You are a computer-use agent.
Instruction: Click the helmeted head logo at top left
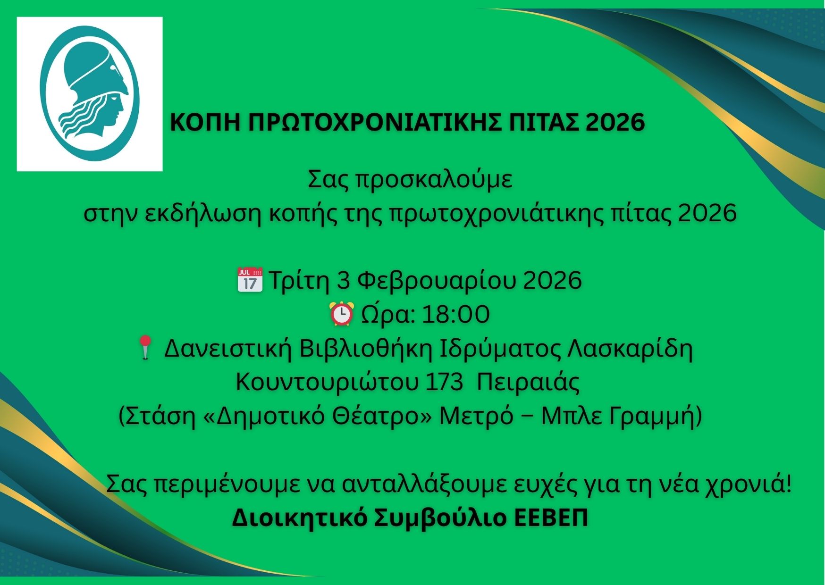coord(90,93)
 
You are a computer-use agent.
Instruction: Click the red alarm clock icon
coord(341,314)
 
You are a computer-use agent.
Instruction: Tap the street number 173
coord(444,383)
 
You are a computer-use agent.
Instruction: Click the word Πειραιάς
coord(528,383)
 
